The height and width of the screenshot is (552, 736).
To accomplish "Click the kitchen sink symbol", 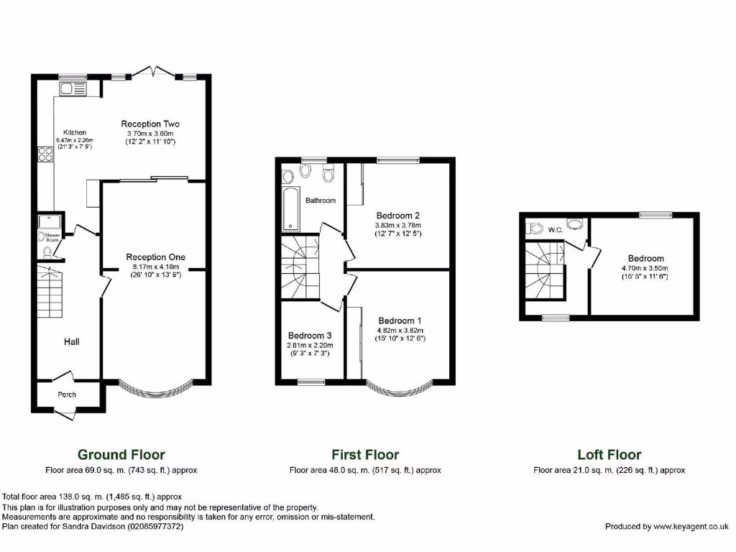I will click(73, 89).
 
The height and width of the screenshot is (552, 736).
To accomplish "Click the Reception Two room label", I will click(150, 124).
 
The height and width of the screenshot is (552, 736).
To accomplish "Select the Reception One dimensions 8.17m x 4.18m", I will click(155, 267).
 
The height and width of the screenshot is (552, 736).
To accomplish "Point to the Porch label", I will click(66, 395).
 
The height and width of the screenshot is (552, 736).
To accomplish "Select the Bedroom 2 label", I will click(397, 215).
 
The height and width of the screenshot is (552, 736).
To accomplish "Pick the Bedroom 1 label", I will click(400, 321).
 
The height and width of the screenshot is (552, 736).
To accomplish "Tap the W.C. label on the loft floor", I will click(554, 230).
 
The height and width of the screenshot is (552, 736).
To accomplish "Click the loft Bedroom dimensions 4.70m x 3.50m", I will click(646, 268).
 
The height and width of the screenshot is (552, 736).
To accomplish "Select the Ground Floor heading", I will click(121, 454).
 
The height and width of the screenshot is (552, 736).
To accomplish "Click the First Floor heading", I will click(365, 454).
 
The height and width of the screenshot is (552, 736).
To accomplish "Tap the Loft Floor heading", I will click(609, 454).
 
